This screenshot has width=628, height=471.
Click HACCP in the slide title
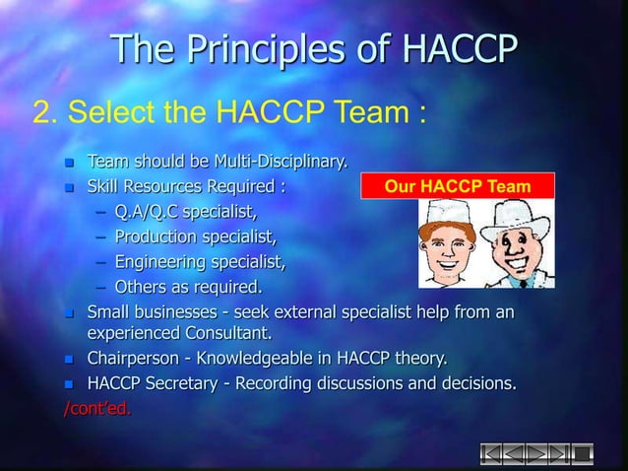pyautogui.click(x=442, y=50)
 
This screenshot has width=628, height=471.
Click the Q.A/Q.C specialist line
pyautogui.click(x=186, y=210)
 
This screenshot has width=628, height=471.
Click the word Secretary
pyautogui.click(x=194, y=382)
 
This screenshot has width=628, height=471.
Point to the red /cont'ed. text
pyautogui.click(x=95, y=408)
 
